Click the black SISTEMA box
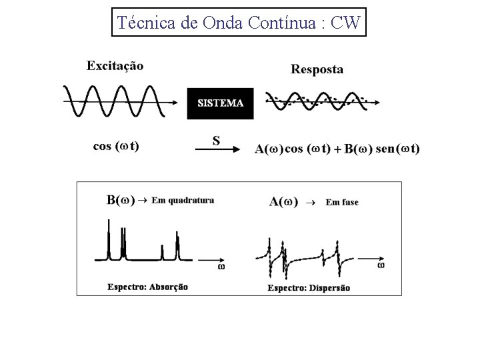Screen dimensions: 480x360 [x=220, y=103]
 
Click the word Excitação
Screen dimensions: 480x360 [x=115, y=65]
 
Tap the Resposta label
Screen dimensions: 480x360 [x=317, y=69]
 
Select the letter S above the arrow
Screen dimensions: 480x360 [x=216, y=140]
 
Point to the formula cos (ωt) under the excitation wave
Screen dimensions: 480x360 [x=116, y=147]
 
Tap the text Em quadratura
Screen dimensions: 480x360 [x=183, y=200]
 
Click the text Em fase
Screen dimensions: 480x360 [x=341, y=202]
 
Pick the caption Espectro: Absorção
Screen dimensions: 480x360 [x=147, y=287]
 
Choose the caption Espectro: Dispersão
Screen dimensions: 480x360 [x=309, y=288]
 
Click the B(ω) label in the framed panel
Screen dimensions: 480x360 [x=121, y=200]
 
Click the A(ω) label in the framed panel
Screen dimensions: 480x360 [x=283, y=202]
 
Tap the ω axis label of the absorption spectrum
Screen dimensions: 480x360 [x=221, y=267]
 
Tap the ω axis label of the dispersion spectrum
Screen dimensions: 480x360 [x=381, y=265]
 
